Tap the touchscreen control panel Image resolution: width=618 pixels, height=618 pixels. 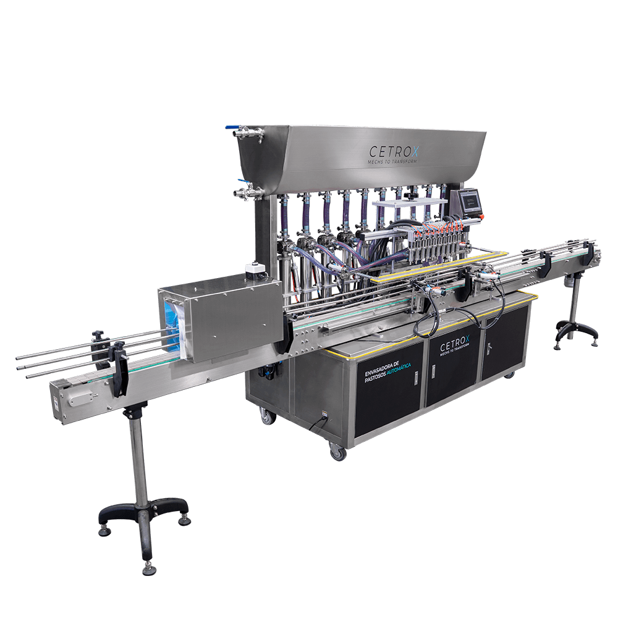pyautogui.click(x=470, y=202)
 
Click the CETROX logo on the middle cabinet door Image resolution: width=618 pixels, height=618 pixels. pyautogui.click(x=454, y=345)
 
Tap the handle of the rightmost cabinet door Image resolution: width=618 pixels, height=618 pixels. pyautogui.click(x=489, y=347)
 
